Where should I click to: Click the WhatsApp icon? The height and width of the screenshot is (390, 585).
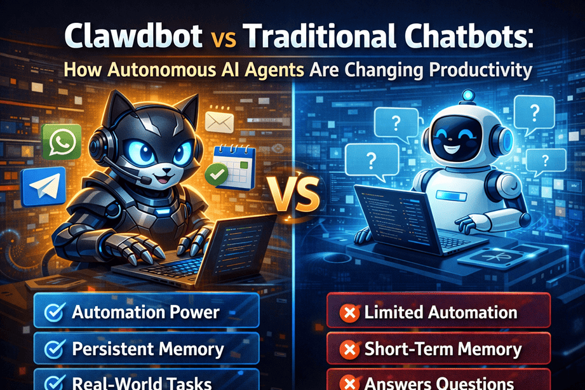point(61,140)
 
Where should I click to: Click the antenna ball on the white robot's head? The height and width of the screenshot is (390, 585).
point(469,95)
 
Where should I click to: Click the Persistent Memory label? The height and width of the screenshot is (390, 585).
point(147,349)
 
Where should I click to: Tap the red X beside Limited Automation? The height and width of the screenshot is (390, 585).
point(349,313)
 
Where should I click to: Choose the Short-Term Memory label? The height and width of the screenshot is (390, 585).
point(443,349)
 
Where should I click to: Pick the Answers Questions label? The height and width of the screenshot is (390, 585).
point(439,383)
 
